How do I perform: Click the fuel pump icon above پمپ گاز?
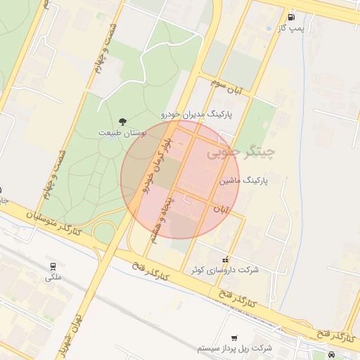(x=291, y=17)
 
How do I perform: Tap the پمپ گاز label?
(x=291, y=28)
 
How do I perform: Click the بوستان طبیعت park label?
(x=122, y=133)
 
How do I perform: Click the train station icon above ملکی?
(x=53, y=266)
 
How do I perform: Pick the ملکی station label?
(x=53, y=277)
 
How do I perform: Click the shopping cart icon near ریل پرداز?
(x=234, y=337)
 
